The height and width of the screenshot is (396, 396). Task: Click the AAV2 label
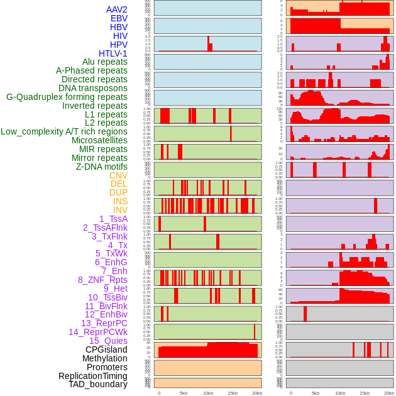coord(116,9)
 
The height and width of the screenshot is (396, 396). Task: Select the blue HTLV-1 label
coord(113,53)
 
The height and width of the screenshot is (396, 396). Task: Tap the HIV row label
coord(119,36)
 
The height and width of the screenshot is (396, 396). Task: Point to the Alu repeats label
coord(104,62)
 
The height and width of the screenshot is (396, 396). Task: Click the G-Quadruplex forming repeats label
coord(67,97)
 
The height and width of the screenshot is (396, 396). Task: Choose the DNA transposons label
coord(92,88)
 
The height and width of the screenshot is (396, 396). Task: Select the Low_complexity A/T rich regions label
coord(64,131)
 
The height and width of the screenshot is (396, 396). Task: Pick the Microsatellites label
coord(99,140)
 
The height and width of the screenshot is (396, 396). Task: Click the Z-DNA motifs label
coord(101,167)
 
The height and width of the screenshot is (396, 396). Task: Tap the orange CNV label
coord(118,175)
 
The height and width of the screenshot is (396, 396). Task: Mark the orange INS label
coord(120,201)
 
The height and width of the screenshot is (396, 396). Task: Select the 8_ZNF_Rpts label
coord(102,280)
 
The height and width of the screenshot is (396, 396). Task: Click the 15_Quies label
coord(108,341)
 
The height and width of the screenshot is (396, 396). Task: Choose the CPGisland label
coord(106,349)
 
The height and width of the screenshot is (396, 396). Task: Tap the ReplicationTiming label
coord(92,376)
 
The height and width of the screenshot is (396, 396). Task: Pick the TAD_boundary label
coord(97,384)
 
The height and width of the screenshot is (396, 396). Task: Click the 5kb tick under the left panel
coord(183,393)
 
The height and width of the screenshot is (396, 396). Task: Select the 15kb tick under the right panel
coord(364,393)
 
